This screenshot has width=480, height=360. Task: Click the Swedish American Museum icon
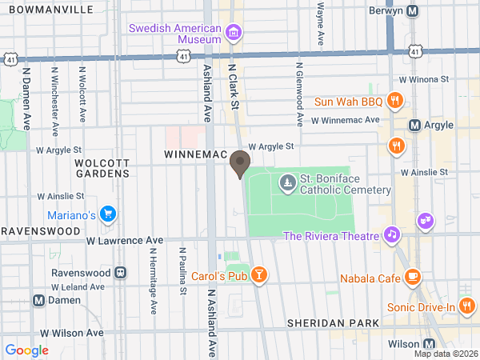click(234, 33)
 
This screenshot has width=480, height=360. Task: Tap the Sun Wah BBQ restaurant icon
click(394, 101)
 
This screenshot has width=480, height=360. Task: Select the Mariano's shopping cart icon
click(108, 214)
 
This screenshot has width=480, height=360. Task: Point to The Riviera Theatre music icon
click(390, 235)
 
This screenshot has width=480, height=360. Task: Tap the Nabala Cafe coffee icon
click(412, 278)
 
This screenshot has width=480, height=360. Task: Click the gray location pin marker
click(239, 166)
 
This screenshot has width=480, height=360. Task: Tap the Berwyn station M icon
click(413, 11)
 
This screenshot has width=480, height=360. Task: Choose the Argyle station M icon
click(415, 126)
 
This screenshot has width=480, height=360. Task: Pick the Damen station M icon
click(38, 300)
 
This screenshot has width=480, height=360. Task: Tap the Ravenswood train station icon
click(120, 272)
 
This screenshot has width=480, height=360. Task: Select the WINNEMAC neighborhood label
click(198, 153)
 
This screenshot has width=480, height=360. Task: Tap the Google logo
click(27, 350)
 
